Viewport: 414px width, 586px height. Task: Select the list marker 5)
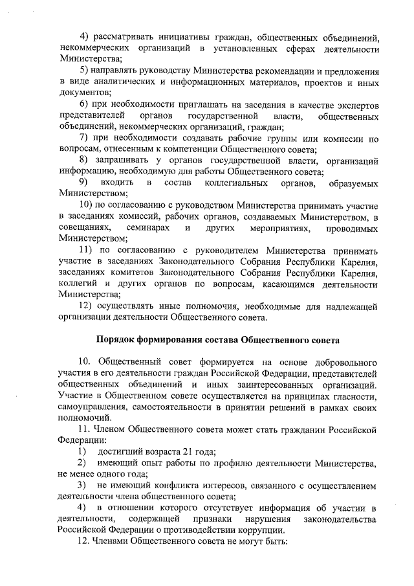(x=84, y=70)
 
